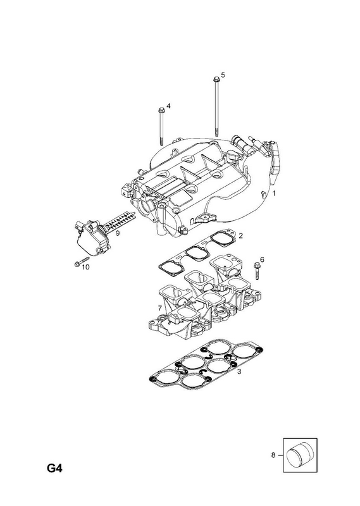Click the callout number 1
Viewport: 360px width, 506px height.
click(x=274, y=194)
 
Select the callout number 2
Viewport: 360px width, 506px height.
click(x=240, y=236)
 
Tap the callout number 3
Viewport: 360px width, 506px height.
click(x=239, y=372)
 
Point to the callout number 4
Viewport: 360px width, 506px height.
click(x=168, y=106)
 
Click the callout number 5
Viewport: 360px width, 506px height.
click(x=223, y=75)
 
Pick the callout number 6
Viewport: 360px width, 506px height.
click(x=262, y=259)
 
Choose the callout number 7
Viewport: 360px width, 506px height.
click(x=159, y=307)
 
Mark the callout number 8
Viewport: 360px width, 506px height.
click(x=273, y=455)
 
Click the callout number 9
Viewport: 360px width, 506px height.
click(x=118, y=233)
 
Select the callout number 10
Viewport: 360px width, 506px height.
click(x=85, y=267)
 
